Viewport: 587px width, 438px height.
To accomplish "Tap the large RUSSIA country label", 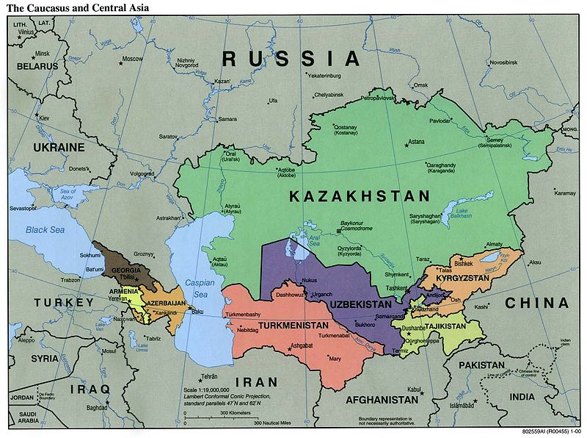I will point(292,58).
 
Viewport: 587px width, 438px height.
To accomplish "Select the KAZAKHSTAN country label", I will point(359,196).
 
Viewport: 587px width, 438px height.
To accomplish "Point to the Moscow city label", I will point(132,59).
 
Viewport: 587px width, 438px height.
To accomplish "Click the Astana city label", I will point(416,141).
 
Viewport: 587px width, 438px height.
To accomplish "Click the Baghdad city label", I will point(97,408).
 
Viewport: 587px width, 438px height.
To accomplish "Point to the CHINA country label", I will point(537,303).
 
